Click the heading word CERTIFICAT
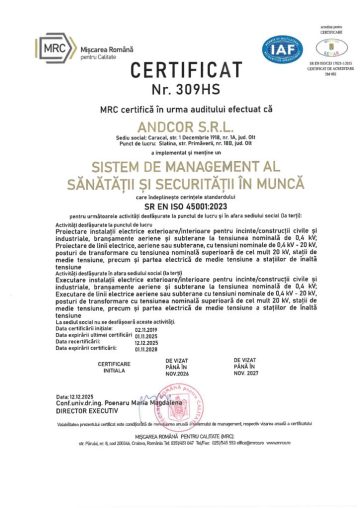(180, 73)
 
